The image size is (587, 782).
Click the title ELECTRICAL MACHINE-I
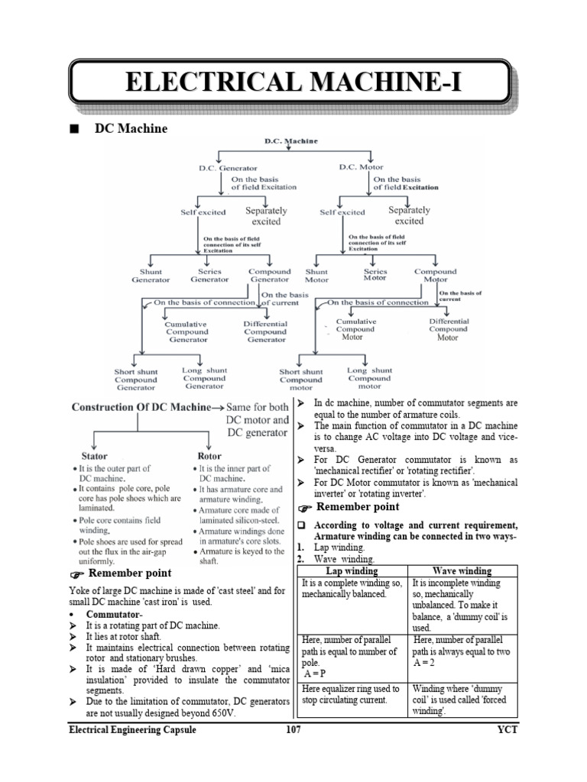pos(289,81)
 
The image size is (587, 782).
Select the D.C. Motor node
pos(361,166)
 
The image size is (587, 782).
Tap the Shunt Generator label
pos(151,276)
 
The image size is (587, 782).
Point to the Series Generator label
pos(209,276)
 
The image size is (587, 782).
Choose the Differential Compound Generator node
pos(265,331)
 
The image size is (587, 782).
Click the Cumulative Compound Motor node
pos(356,329)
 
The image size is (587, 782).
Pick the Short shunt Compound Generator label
pos(136,380)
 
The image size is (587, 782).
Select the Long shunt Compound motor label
pos(369,378)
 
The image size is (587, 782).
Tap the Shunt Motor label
pos(316,276)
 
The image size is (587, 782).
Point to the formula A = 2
pos(425,664)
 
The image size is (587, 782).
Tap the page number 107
pos(293,730)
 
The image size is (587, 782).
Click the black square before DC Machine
pos(73,129)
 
